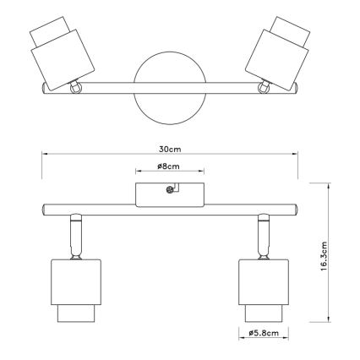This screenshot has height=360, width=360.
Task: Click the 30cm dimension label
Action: pyautogui.click(x=170, y=149)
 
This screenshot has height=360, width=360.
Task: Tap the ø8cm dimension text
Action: pyautogui.click(x=168, y=166)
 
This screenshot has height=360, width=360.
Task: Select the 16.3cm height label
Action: pyautogui.click(x=324, y=256)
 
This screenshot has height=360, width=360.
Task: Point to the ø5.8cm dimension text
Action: pyautogui.click(x=264, y=333)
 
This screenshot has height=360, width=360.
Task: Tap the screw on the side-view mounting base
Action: pyautogui.click(x=170, y=190)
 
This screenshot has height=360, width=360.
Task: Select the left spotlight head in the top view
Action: pyautogui.click(x=62, y=53)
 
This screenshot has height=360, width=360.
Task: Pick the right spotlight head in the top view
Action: pyautogui.click(x=277, y=53)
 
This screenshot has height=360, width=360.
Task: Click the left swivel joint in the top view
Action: pyautogui.click(x=75, y=87)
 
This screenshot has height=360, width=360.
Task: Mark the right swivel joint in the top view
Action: pyautogui.click(x=264, y=87)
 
